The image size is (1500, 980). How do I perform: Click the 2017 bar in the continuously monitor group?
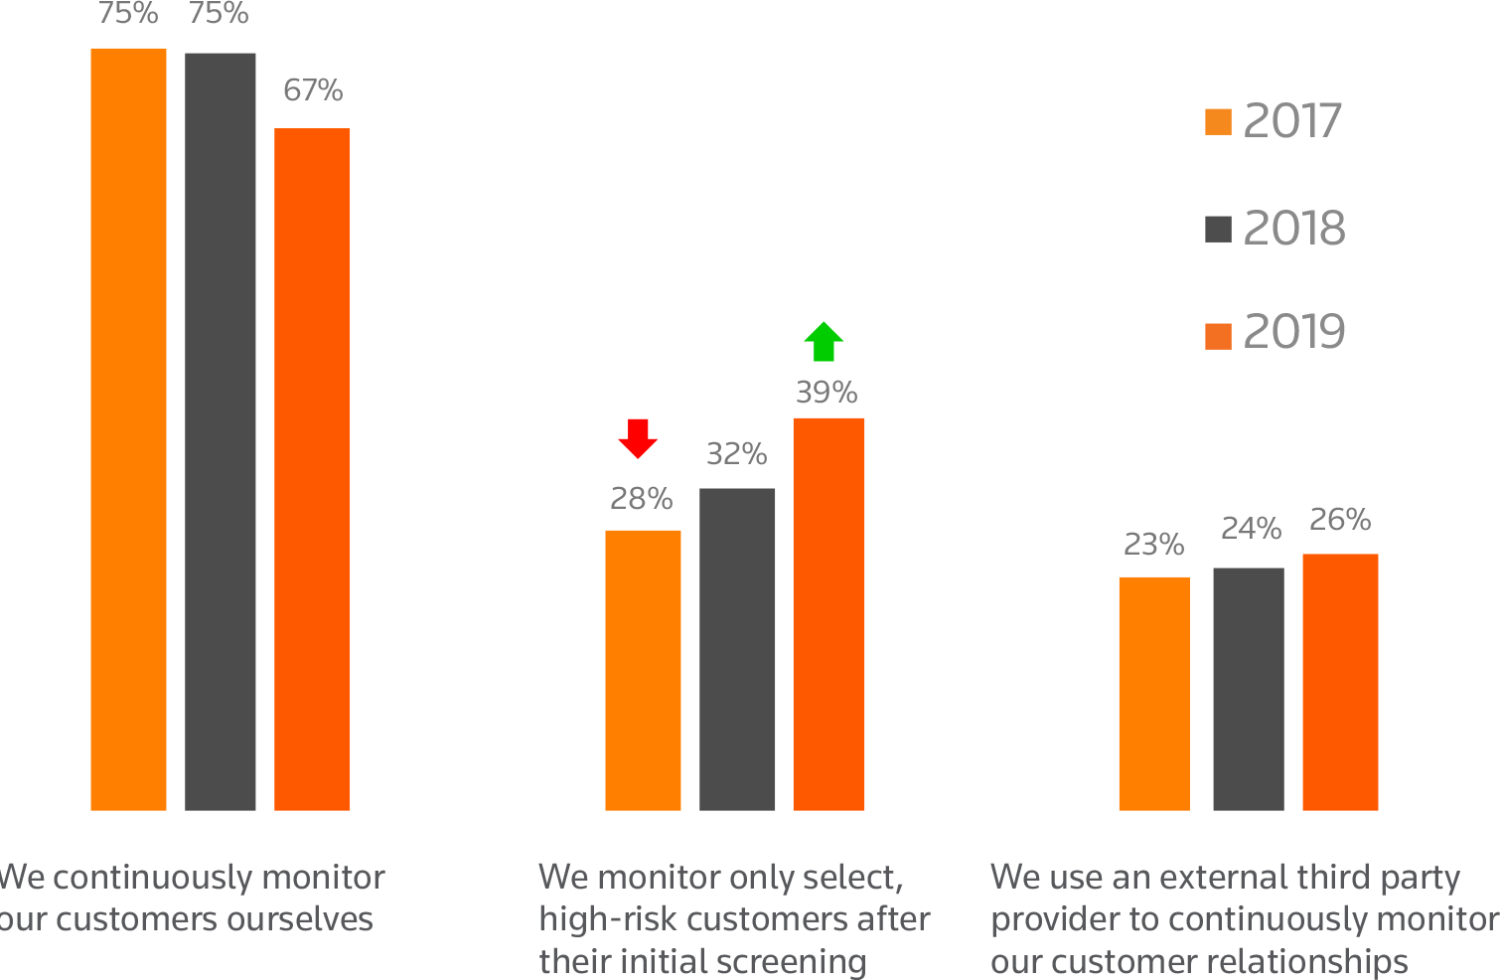pos(128,428)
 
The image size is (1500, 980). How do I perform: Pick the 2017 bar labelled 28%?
pos(643,670)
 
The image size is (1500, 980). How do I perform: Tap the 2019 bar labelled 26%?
pos(1340,682)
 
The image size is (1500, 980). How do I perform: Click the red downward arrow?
pos(638,438)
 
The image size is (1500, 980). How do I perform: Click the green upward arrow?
pos(824,342)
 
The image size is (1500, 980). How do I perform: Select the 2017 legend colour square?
pos(1218,121)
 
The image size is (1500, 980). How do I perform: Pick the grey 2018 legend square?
pos(1218,230)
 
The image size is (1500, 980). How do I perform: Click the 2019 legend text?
pos(1293,332)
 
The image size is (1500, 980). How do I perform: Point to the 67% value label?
pos(312,90)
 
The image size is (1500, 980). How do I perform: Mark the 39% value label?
pos(825,393)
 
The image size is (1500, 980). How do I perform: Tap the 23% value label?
pos(1153,545)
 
